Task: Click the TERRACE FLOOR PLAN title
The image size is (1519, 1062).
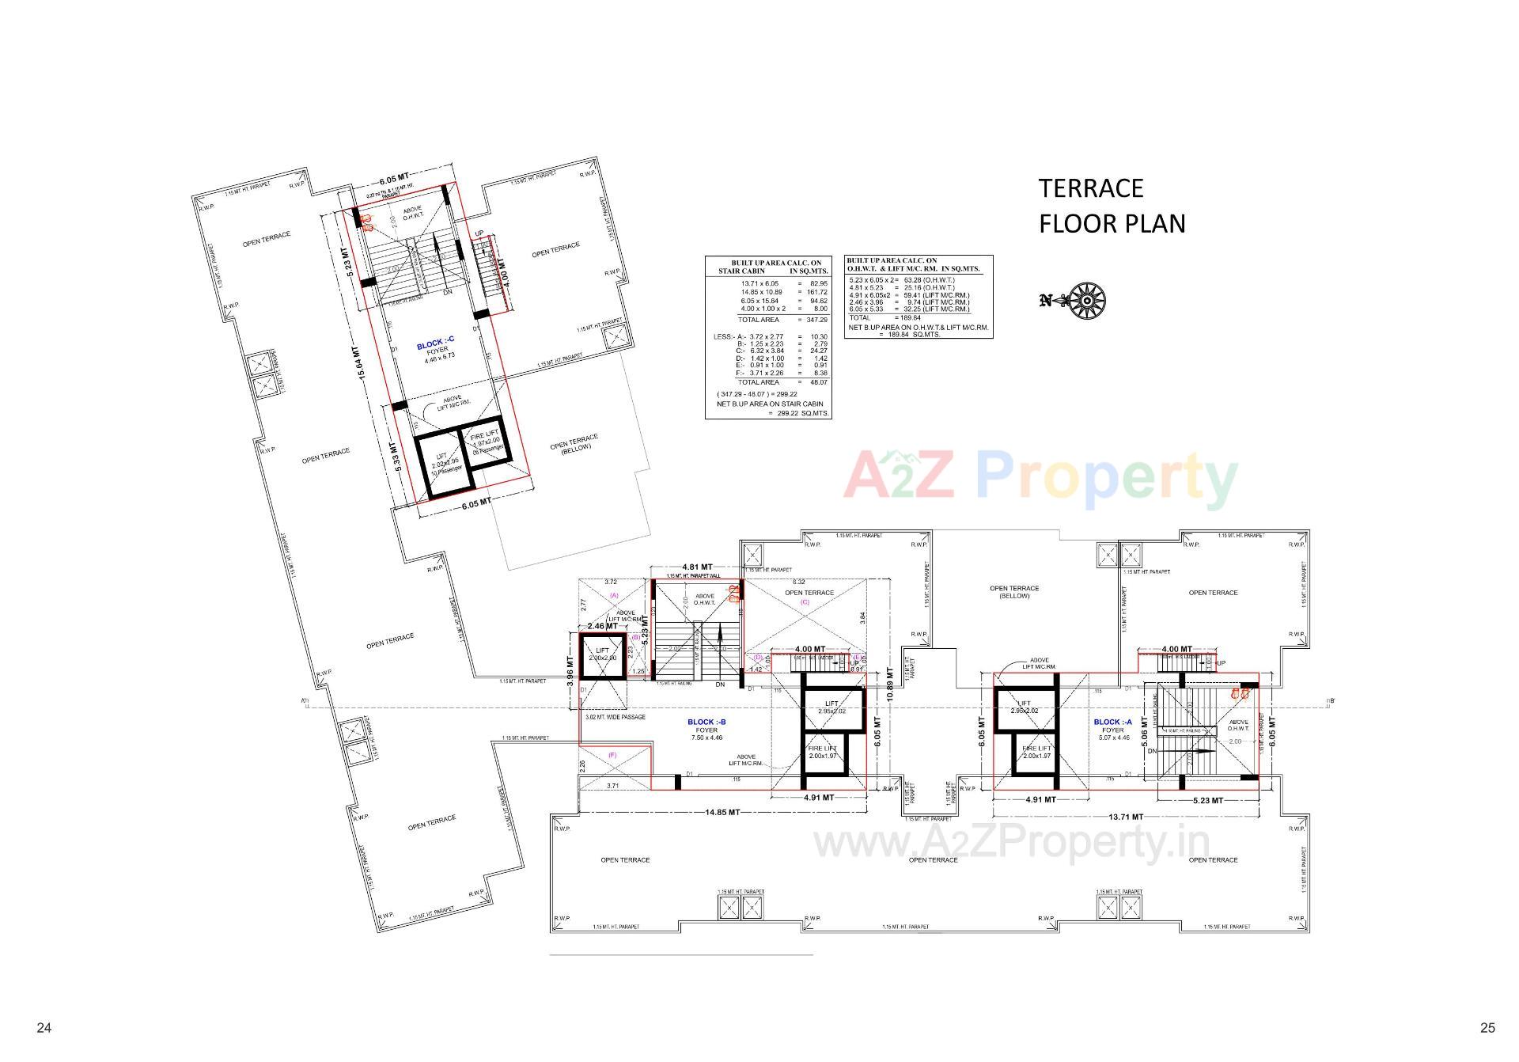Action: coord(1112,206)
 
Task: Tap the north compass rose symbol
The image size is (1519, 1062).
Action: coord(1087,301)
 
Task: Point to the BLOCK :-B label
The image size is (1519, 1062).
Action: coord(706,722)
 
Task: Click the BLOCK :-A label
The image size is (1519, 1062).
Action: coord(1112,722)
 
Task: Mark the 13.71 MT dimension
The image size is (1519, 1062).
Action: coord(1126,817)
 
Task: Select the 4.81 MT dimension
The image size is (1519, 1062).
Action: coord(697,567)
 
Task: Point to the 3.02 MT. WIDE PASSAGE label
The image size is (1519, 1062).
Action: coord(615,718)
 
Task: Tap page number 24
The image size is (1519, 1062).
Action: coord(44,1028)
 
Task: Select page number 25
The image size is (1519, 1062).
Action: coord(1487,1028)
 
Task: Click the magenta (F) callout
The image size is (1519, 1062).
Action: coord(612,756)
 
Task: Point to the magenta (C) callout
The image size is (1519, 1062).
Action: coord(805,602)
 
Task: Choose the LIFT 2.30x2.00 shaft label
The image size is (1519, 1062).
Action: coord(602,654)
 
